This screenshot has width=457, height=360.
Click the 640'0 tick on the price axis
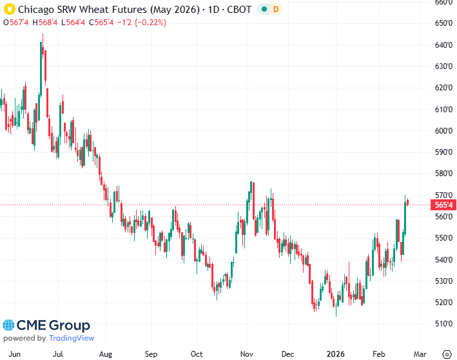(442, 45)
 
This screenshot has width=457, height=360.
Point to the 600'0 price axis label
(442, 131)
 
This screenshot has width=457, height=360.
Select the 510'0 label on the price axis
(442, 324)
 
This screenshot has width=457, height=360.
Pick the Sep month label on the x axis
(151, 354)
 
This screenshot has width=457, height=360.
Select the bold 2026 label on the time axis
(336, 354)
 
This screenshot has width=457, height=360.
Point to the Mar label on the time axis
(420, 354)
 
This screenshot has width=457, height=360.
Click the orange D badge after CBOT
(275, 10)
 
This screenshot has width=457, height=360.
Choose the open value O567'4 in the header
(16, 23)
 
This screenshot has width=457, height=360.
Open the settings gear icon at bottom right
(446, 354)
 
